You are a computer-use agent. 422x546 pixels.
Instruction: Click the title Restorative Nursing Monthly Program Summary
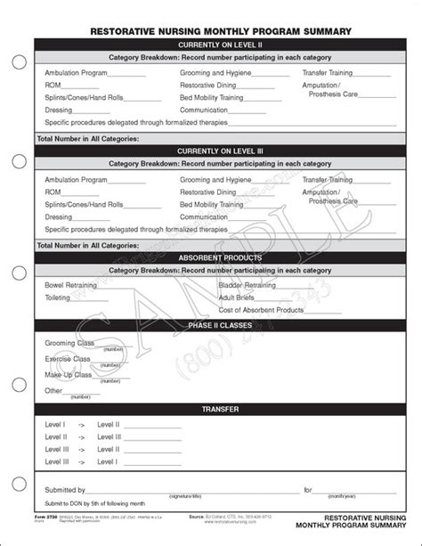click(220, 31)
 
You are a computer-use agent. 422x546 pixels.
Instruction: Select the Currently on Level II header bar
click(220, 44)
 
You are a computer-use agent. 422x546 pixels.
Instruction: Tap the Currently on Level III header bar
click(220, 151)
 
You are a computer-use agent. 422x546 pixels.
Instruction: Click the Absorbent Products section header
click(220, 257)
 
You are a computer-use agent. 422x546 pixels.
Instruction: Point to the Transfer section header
click(220, 409)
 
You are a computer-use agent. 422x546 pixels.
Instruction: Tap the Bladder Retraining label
click(247, 285)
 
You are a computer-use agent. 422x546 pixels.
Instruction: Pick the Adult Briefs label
click(236, 297)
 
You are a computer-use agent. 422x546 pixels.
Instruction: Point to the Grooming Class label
click(70, 341)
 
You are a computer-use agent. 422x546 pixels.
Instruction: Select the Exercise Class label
click(69, 358)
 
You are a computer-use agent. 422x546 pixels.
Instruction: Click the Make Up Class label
click(68, 374)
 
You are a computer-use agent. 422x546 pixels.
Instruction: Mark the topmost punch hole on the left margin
click(17, 62)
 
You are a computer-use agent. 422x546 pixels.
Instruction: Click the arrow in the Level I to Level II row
click(80, 426)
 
